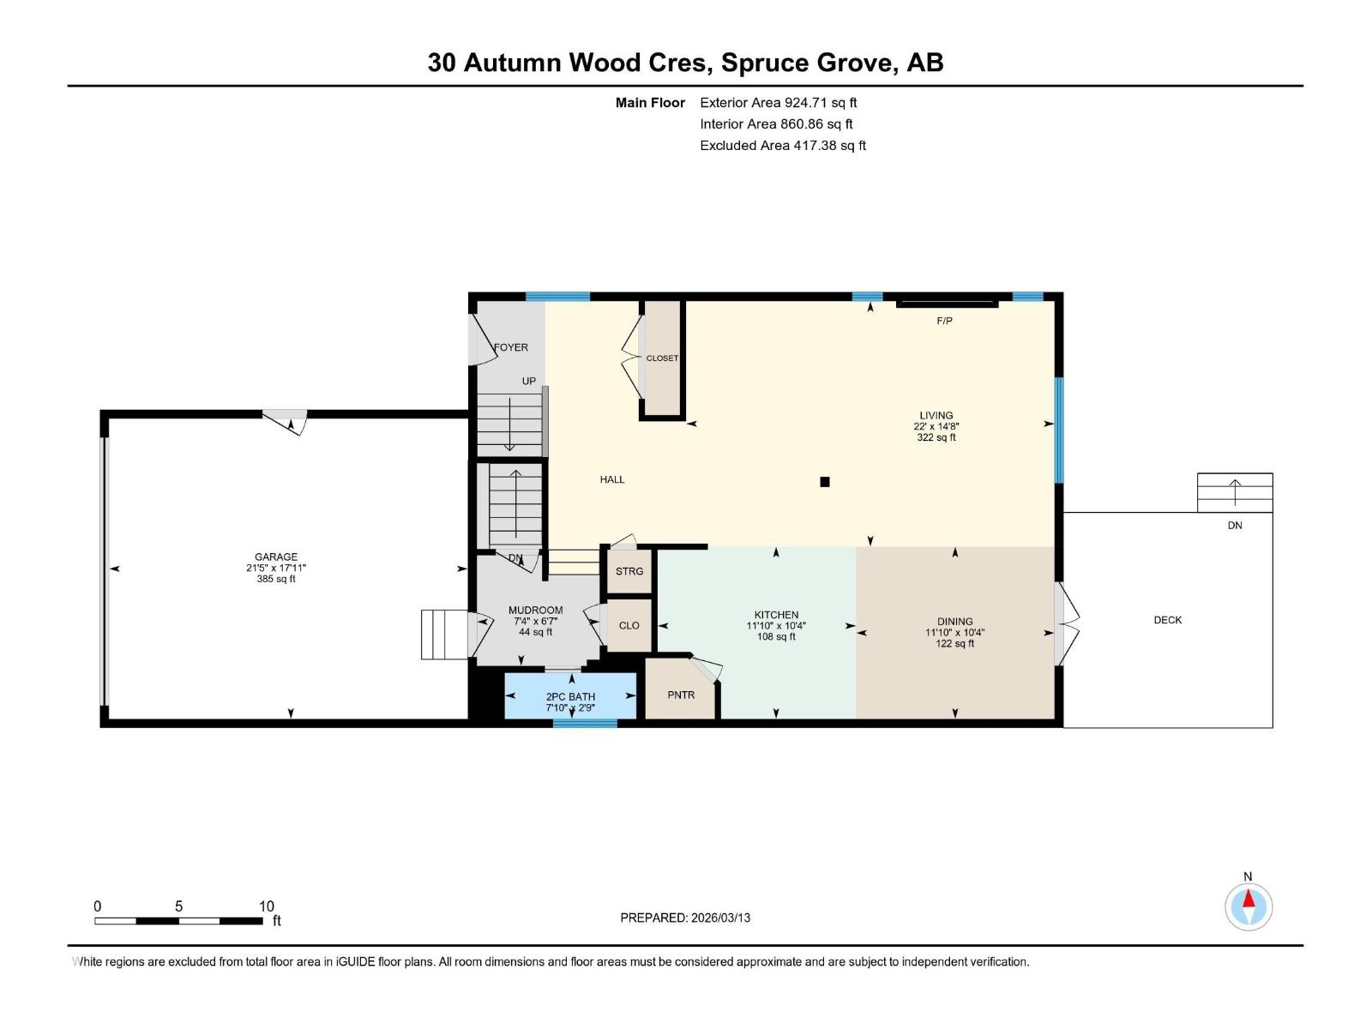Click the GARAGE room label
[275, 557]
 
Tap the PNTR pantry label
[681, 695]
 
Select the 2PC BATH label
[570, 696]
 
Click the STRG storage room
[629, 571]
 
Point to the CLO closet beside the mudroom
[629, 625]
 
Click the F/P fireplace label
[944, 321]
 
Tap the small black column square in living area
[825, 482]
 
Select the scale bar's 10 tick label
[266, 906]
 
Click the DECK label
[1167, 620]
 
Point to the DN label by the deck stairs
[1234, 526]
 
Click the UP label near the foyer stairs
[529, 381]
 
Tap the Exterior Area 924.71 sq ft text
[778, 102]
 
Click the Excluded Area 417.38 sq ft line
[782, 145]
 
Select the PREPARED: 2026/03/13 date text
[685, 918]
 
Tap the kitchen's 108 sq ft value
[776, 636]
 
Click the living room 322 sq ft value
[936, 437]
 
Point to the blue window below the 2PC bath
[585, 723]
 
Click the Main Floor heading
[650, 102]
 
